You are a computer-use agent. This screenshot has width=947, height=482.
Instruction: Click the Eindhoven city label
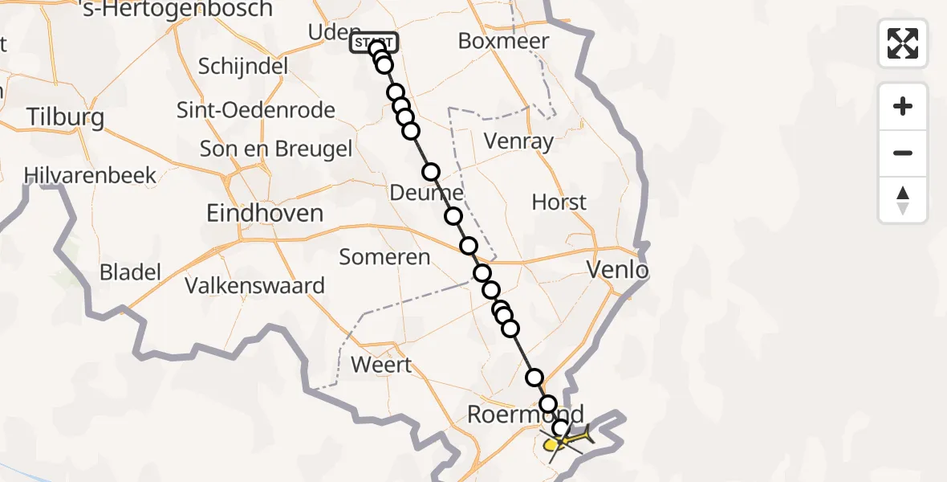tap(265, 213)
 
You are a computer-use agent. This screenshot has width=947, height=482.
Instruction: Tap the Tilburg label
tap(66, 117)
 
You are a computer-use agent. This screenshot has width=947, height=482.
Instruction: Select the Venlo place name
tap(618, 270)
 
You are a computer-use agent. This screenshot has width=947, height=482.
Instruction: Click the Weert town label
tap(382, 365)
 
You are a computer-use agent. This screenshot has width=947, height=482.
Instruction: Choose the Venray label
tap(519, 142)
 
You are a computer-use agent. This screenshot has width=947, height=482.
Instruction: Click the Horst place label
tap(559, 202)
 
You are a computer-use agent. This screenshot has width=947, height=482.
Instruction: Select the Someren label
tap(384, 257)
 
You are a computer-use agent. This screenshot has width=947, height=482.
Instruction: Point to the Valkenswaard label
tap(254, 285)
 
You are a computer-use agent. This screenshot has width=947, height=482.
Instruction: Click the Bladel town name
tap(130, 272)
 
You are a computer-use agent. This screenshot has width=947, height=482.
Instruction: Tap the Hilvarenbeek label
tap(90, 176)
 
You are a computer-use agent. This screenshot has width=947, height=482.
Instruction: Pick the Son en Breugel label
tap(276, 149)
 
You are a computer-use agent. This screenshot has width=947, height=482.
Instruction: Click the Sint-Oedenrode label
tap(267, 109)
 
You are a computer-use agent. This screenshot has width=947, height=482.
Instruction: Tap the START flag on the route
tap(372, 42)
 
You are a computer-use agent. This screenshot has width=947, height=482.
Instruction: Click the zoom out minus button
tap(903, 153)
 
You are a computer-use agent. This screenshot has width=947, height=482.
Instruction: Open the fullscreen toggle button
tap(903, 43)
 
